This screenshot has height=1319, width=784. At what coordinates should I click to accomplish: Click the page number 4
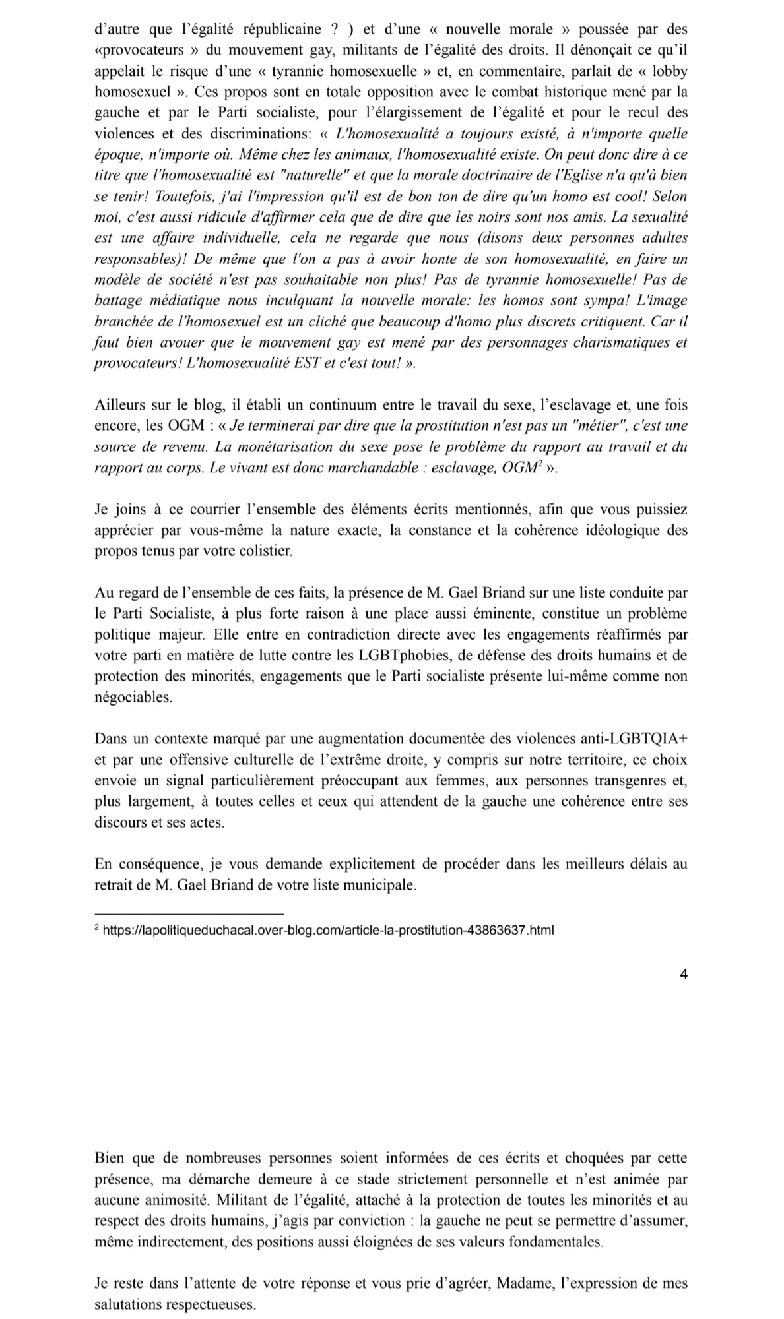683,973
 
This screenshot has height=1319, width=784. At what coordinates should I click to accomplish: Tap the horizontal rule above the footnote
189,914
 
